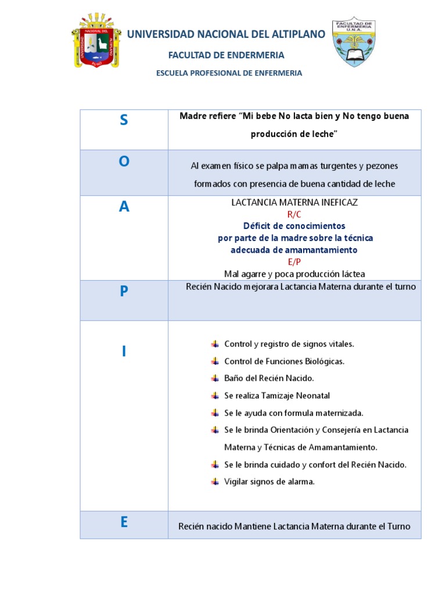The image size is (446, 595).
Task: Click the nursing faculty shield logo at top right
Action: pyautogui.click(x=354, y=41)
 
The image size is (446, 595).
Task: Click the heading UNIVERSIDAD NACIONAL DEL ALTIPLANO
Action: pyautogui.click(x=226, y=35)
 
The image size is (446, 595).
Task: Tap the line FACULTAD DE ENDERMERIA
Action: pyautogui.click(x=226, y=55)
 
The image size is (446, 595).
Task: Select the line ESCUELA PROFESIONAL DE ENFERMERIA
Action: pyautogui.click(x=229, y=73)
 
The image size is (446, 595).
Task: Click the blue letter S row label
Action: pyautogui.click(x=124, y=120)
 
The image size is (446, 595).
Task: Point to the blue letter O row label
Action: pyautogui.click(x=124, y=162)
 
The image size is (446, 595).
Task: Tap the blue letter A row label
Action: pyautogui.click(x=124, y=207)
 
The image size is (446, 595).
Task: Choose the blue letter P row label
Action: pyautogui.click(x=124, y=292)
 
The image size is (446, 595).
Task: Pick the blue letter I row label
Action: pyautogui.click(x=124, y=351)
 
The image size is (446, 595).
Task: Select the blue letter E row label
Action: pyautogui.click(x=124, y=522)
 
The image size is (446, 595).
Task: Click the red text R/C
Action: pyautogui.click(x=294, y=214)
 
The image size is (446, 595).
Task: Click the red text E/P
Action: pyautogui.click(x=294, y=262)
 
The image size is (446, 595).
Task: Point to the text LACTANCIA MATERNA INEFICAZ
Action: pyautogui.click(x=294, y=202)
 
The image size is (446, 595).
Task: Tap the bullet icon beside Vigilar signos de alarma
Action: pyautogui.click(x=215, y=481)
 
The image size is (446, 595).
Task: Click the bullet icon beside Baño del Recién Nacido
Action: pyautogui.click(x=215, y=378)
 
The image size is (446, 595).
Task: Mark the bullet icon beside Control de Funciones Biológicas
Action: pyautogui.click(x=215, y=361)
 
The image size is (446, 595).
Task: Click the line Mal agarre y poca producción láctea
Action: pyautogui.click(x=294, y=274)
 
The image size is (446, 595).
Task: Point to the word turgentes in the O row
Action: pyautogui.click(x=337, y=166)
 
